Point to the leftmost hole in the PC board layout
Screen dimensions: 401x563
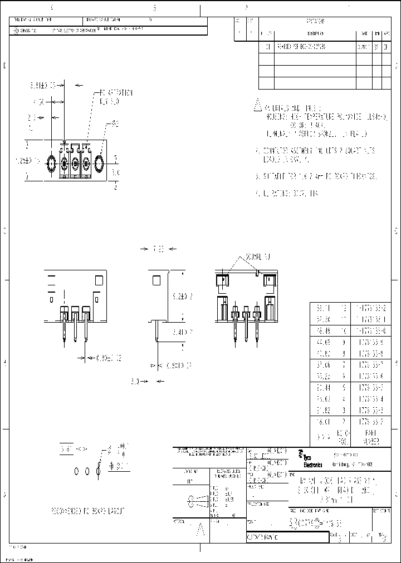point(76,472)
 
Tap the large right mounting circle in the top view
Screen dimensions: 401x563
point(100,164)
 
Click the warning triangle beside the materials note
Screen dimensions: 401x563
point(257,105)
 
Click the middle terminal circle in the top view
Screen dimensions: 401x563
point(75,165)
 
